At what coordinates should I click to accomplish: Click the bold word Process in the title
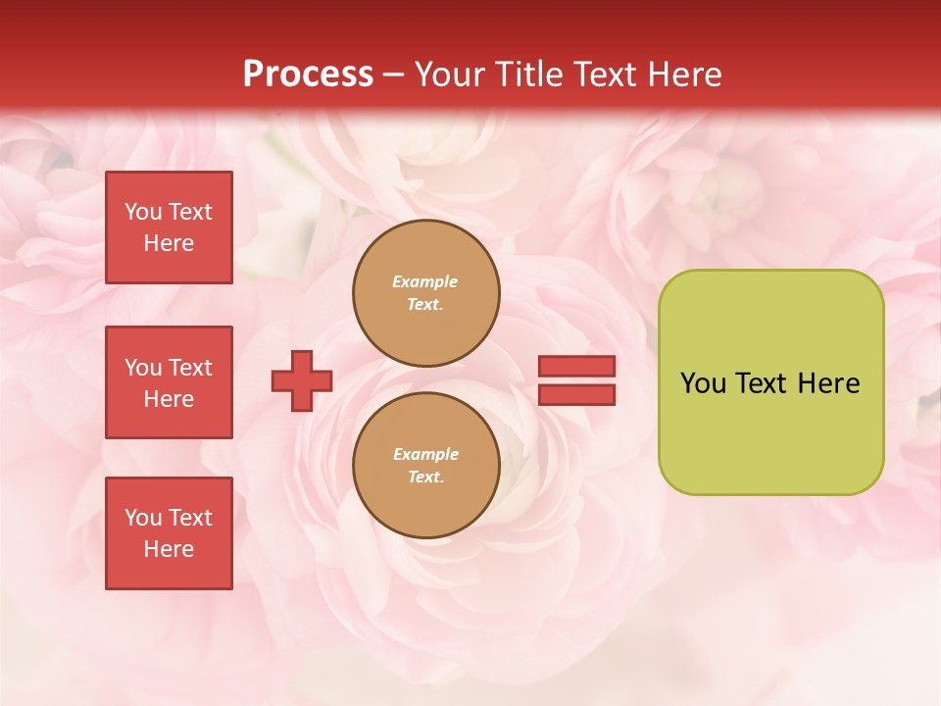coord(308,75)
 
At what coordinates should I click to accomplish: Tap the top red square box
coord(169,227)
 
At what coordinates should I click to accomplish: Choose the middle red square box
coord(169,382)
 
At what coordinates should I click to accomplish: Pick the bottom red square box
coord(169,533)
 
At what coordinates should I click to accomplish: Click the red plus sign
coord(302,380)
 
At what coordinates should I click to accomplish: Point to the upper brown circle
coord(426,293)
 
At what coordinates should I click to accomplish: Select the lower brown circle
coord(426,466)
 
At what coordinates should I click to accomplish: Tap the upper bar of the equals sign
coord(576,366)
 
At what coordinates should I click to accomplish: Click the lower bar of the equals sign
coord(576,395)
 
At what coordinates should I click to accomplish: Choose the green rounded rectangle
coord(770,382)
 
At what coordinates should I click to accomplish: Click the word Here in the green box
coord(828,383)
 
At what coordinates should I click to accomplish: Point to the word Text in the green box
coord(762,383)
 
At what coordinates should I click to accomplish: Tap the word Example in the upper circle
coord(425,281)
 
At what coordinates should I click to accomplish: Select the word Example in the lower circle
coord(425,454)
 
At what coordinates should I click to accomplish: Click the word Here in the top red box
coord(169,243)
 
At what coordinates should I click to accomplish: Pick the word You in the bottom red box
coord(143,518)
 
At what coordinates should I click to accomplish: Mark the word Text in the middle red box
coord(189,368)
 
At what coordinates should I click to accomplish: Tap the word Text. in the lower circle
coord(425,478)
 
